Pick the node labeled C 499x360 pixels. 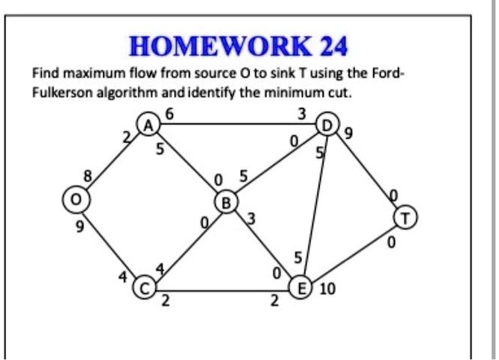(143, 286)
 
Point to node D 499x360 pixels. (325, 123)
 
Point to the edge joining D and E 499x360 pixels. (314, 205)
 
